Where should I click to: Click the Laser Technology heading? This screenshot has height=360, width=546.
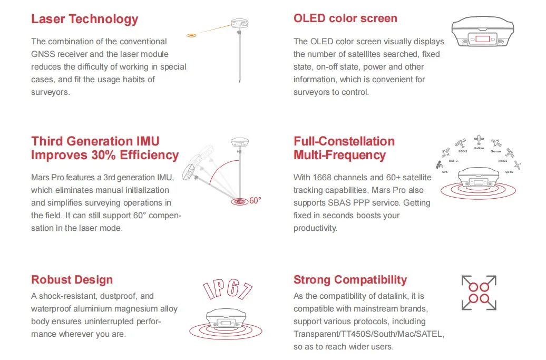click(x=84, y=20)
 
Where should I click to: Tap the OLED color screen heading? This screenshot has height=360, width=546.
click(x=345, y=18)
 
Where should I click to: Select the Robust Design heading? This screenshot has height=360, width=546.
click(x=72, y=280)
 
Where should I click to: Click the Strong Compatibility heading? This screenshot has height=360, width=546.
click(x=350, y=280)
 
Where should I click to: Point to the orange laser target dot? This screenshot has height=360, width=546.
click(x=192, y=35)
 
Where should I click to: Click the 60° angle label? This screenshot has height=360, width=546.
click(x=256, y=201)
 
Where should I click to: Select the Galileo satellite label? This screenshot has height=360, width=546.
click(x=479, y=148)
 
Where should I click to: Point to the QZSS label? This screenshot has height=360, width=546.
click(x=509, y=172)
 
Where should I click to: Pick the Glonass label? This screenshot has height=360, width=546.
click(x=495, y=151)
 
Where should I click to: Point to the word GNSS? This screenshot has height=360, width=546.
click(x=43, y=54)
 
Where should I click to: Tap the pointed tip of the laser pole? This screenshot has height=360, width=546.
click(x=239, y=82)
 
